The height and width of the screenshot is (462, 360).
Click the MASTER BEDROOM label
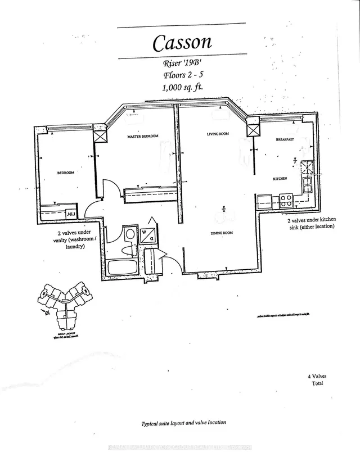point(142,137)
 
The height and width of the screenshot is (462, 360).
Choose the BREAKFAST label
point(286,139)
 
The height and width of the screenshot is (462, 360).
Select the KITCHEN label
point(281,178)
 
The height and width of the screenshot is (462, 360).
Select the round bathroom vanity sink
point(130,235)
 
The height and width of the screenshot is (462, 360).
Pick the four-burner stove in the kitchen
point(285,198)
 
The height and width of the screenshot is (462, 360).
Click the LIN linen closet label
point(70,214)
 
